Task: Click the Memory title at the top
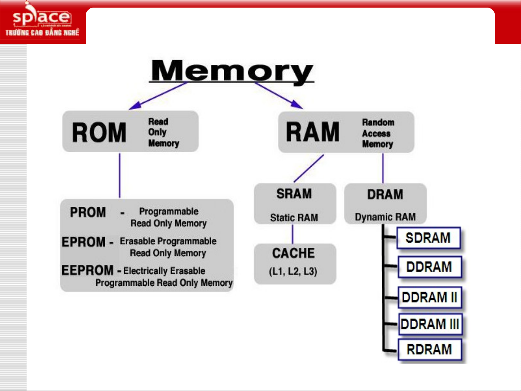tap(232, 71)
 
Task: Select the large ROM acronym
tap(99, 132)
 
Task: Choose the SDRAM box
tap(428, 238)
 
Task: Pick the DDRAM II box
tap(430, 297)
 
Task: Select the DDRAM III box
tap(430, 324)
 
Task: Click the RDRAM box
tap(430, 349)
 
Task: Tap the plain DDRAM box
tap(430, 267)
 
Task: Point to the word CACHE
tap(294, 253)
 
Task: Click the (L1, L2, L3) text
tap(293, 271)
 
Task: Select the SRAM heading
tap(294, 194)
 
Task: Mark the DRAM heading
tap(385, 195)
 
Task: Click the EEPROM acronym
tap(87, 270)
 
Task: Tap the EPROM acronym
tap(84, 242)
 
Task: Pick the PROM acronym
tap(88, 212)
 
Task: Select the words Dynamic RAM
tap(385, 217)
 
